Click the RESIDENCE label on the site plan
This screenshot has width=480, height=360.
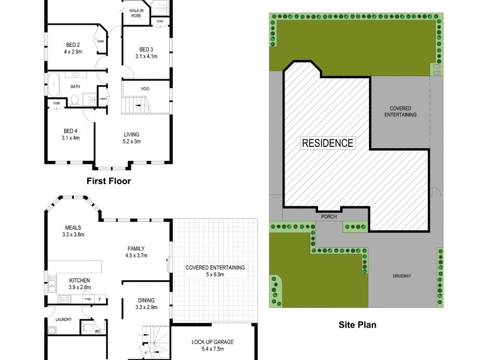pos(327,143)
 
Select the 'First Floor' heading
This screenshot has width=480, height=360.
pos(110,180)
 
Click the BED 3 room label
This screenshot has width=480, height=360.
pos(146,53)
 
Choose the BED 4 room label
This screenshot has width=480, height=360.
pos(71,134)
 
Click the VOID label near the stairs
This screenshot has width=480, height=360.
pos(145,89)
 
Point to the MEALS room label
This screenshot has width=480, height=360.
pos(74,231)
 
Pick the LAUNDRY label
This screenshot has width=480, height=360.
pos(64,320)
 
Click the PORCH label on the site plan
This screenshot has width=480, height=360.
pos(328,217)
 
